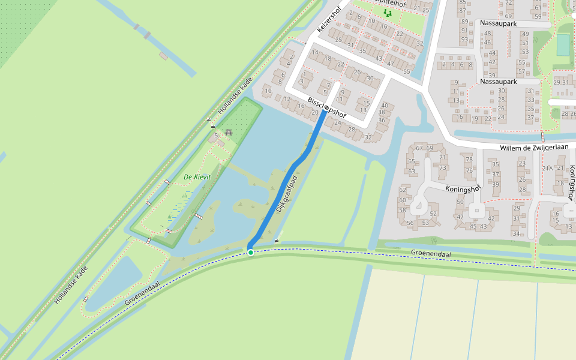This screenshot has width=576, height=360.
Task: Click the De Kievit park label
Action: (197, 178)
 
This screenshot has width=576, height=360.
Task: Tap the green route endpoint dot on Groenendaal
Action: (251, 252)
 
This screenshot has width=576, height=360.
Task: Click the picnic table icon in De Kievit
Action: (228, 133)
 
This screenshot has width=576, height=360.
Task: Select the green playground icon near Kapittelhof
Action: (388, 12)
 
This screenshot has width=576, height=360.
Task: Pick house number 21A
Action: (547, 168)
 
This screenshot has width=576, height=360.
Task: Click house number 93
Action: (464, 39)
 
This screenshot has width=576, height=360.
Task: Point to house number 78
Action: (469, 159)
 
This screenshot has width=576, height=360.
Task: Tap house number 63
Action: (412, 172)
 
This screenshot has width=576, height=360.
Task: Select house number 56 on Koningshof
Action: (410, 223)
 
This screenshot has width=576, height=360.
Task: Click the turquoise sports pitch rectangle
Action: (563, 45)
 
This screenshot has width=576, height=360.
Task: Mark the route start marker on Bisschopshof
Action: (326, 109)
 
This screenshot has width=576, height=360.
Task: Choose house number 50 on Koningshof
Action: (460, 202)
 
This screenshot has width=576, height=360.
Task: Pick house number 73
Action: (443, 167)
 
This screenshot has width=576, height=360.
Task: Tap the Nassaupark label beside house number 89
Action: (499, 23)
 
